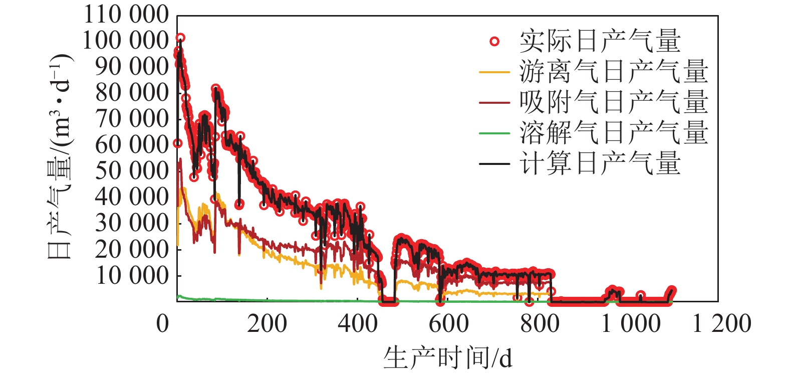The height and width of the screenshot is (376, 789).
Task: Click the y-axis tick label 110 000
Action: coord(126,15)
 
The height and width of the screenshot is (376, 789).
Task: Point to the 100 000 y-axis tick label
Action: coord(126,41)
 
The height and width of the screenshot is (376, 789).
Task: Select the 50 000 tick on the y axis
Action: coord(132,171)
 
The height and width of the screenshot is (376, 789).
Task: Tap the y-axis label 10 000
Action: coord(132,275)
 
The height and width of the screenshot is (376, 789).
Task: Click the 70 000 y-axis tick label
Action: coord(132,119)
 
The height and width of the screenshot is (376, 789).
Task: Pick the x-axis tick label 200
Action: coord(267,324)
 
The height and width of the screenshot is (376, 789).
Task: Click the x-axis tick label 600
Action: coord(449,324)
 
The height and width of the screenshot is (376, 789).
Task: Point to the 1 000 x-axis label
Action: coord(630,324)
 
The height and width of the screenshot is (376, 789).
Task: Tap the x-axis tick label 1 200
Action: coord(721,324)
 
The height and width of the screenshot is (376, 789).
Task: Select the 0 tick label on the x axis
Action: coord(163,324)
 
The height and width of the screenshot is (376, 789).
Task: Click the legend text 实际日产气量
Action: coord(600,42)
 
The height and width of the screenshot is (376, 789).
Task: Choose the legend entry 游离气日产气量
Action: coord(614,72)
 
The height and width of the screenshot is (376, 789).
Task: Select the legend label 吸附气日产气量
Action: coord(614,103)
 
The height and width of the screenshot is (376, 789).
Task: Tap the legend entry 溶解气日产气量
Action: coord(614,133)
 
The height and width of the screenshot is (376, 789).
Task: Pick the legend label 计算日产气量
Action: coord(600,164)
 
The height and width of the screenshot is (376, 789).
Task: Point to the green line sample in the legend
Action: coord(494,133)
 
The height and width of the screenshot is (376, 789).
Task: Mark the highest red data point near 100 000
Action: coord(180,38)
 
